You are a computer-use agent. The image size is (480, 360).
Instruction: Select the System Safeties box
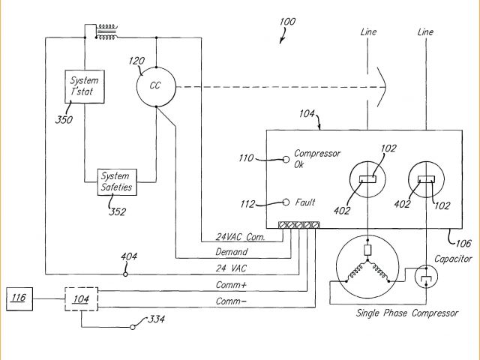click(116, 181)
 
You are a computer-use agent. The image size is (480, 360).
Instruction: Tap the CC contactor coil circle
click(155, 85)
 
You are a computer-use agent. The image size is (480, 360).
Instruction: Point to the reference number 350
click(64, 118)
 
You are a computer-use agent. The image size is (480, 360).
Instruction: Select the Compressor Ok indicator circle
click(286, 159)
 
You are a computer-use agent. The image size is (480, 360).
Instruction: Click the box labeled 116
click(18, 299)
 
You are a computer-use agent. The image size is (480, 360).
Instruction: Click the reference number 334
click(156, 319)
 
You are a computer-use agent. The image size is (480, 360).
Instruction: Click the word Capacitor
click(453, 259)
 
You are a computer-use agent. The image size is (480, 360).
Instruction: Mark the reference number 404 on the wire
click(129, 257)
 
